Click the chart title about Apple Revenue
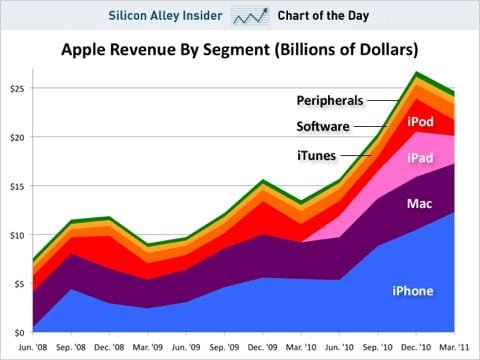coord(240,49)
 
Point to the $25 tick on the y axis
coord(16,89)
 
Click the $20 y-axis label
coord(16,138)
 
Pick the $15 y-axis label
coord(16,186)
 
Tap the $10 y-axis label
coord(16,235)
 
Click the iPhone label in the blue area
coord(411,291)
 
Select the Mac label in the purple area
coord(419,204)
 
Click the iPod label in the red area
coord(420,122)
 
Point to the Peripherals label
coord(329,100)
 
